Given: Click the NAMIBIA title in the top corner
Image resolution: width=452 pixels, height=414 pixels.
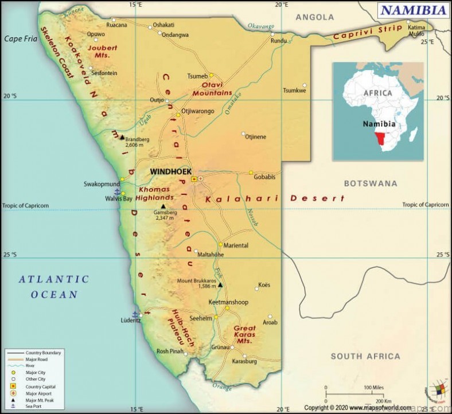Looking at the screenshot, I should [413, 10].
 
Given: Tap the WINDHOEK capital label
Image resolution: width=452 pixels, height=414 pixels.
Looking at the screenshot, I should [169, 171].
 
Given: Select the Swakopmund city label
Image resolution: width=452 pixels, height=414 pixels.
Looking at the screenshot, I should [101, 184].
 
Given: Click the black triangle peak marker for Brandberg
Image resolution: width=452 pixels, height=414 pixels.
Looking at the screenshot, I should [122, 138].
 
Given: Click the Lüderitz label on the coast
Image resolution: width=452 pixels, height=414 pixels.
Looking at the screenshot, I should [131, 321].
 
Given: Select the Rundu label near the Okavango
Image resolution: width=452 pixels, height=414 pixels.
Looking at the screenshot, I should [279, 41].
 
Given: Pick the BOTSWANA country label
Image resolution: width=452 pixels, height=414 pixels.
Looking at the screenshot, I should [370, 183].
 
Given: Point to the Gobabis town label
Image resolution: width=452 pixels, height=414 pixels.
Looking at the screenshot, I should [264, 178].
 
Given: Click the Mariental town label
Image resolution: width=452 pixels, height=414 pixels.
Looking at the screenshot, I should [236, 245].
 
